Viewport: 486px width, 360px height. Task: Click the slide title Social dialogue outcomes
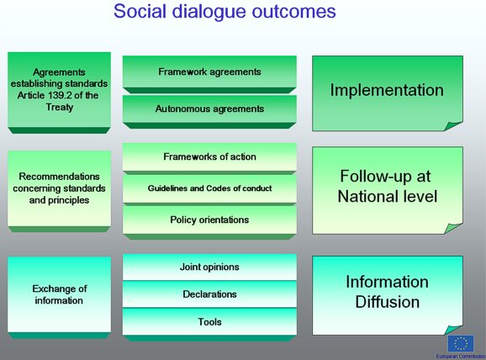(225, 12)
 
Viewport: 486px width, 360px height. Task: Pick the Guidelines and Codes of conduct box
(209, 188)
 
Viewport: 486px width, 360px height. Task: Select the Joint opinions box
(209, 267)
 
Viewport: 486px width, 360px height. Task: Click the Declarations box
(209, 294)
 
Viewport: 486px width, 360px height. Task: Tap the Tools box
(209, 321)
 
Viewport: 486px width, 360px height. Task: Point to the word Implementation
(387, 90)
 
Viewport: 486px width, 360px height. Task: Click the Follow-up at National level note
(388, 190)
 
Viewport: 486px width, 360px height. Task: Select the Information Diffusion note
(388, 295)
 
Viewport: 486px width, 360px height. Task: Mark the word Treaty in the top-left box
(60, 108)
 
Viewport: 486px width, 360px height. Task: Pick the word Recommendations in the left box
(59, 177)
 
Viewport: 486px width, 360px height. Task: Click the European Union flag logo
(461, 343)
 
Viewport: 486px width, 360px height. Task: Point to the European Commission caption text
(461, 357)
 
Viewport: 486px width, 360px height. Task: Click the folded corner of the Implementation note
(453, 126)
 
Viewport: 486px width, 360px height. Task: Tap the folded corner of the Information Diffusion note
(453, 330)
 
